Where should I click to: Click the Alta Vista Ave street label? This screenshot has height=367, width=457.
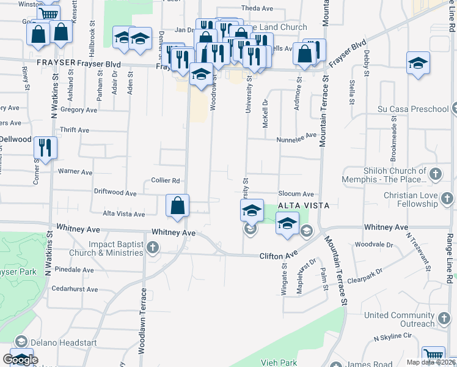(x=124, y=214)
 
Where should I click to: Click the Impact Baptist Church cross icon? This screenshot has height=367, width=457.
(x=153, y=248)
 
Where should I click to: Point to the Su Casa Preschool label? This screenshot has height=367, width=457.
(x=412, y=109)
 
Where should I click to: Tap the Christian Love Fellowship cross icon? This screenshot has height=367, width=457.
(x=448, y=199)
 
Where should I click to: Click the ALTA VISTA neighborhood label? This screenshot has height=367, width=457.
(x=304, y=206)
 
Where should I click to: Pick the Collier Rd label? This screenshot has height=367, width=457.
(x=166, y=180)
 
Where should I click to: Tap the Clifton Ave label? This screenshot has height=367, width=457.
(x=278, y=254)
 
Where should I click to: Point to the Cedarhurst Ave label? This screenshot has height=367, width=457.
(x=75, y=289)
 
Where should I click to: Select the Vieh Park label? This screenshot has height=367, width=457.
(x=279, y=363)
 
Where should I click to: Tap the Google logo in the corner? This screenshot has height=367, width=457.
(x=21, y=360)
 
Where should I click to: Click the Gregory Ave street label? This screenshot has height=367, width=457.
(x=79, y=110)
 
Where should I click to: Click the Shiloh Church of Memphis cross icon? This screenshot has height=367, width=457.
(x=434, y=174)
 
